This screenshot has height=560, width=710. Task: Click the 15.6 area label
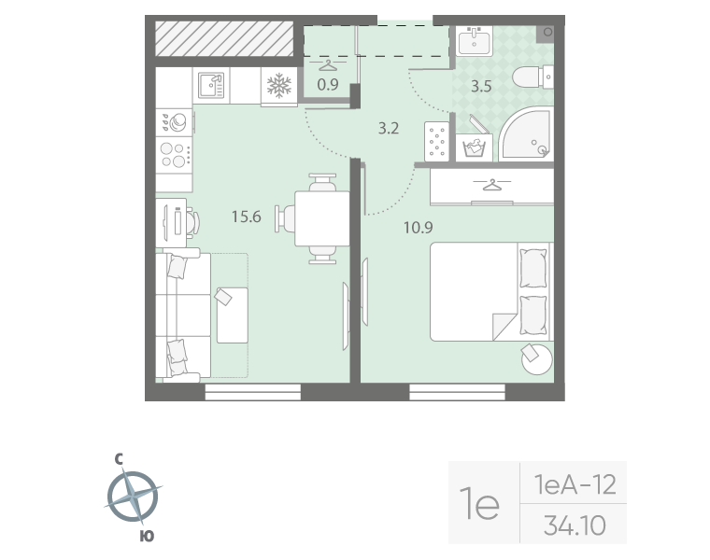pyautogui.click(x=247, y=217)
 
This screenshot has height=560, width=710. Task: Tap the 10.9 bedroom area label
pyautogui.click(x=418, y=227)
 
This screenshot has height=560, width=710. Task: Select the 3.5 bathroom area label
pyautogui.click(x=481, y=86)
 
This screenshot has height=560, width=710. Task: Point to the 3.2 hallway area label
pyautogui.click(x=389, y=129)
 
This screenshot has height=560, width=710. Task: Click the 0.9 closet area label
pyautogui.click(x=327, y=85)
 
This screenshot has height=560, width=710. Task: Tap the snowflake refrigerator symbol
pyautogui.click(x=279, y=86)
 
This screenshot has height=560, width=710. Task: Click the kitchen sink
pyautogui.click(x=211, y=85)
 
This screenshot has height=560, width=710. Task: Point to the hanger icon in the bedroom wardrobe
pyautogui.click(x=491, y=184)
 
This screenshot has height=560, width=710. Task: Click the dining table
pyautogui.click(x=322, y=219)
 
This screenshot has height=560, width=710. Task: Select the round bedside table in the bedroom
pyautogui.click(x=537, y=358)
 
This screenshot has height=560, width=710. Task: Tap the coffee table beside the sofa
pyautogui.click(x=233, y=315)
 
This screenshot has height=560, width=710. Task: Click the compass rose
pyautogui.click(x=133, y=497)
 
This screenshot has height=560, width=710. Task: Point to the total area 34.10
pyautogui.click(x=575, y=525)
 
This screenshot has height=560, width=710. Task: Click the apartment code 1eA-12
pyautogui.click(x=575, y=484)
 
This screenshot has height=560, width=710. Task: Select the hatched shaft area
pyautogui.click(x=224, y=39)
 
